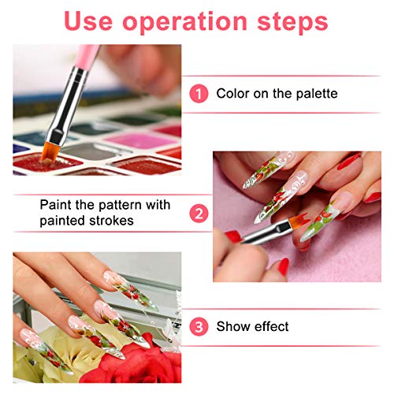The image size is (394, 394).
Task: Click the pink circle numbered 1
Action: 199,94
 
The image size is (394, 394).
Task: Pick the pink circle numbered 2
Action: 199,214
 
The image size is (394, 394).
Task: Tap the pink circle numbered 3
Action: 199,326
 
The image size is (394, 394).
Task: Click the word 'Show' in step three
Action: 234,326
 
